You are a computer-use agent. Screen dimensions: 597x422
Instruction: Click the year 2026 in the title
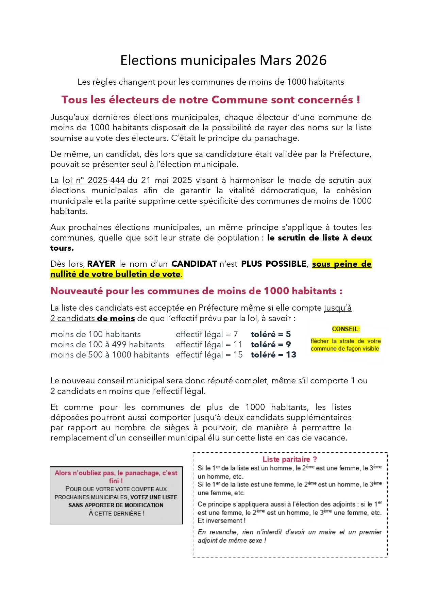(x=311, y=60)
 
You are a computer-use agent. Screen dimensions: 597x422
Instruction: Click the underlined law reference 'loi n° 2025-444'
(x=94, y=180)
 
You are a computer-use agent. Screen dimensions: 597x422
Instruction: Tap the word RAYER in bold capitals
(x=101, y=264)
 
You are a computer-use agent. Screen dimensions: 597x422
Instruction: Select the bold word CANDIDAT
(x=194, y=264)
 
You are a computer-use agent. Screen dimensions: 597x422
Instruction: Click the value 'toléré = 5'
(x=271, y=334)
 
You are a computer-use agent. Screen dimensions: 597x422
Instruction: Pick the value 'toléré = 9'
(x=271, y=345)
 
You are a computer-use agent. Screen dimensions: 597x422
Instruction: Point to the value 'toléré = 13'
(x=273, y=355)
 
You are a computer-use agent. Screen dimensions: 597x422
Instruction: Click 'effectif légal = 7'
(x=207, y=334)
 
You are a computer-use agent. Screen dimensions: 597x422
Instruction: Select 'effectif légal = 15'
(x=209, y=355)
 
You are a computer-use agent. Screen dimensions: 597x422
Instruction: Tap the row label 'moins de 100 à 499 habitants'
(x=107, y=345)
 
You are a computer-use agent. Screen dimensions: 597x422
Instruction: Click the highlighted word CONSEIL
(x=345, y=329)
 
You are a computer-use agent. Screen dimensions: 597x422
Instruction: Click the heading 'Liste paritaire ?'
(x=290, y=460)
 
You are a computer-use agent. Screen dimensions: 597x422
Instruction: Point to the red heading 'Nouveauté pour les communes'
(x=196, y=291)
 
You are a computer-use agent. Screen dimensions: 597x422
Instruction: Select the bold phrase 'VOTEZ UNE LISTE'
(x=154, y=497)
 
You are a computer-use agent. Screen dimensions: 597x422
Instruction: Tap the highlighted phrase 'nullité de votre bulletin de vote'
(x=116, y=274)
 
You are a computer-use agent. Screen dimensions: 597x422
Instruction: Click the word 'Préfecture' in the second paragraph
(x=350, y=154)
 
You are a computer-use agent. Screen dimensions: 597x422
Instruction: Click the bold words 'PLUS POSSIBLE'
(x=274, y=264)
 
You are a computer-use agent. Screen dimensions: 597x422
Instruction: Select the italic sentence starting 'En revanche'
(x=289, y=536)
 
